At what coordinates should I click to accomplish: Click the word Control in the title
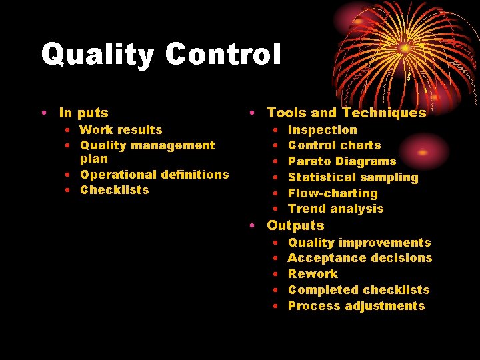coord(219,53)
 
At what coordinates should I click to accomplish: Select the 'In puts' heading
coord(83,113)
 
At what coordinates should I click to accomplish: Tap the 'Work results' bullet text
coord(121,130)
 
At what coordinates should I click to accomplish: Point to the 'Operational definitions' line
coord(154,175)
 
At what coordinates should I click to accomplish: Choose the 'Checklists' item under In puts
coord(114,190)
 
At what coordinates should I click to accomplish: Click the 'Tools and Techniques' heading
coord(346,113)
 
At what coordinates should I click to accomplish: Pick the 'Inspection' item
coord(322,130)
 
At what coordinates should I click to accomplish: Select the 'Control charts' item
coord(334,145)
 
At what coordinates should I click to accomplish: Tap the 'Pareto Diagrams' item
coord(341,161)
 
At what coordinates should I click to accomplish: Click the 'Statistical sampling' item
coord(353,177)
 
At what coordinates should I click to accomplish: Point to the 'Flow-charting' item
coord(333,193)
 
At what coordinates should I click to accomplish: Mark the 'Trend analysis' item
coord(335,209)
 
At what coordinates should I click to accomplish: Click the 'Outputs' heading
coord(295,226)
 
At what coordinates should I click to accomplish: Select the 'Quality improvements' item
coord(359,243)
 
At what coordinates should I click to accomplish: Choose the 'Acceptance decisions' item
coord(360,258)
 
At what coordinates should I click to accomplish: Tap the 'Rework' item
coord(313,274)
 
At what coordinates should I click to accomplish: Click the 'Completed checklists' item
coord(359,290)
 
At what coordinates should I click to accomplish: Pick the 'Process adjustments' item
coord(356,306)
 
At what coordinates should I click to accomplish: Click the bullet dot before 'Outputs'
coord(253,226)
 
